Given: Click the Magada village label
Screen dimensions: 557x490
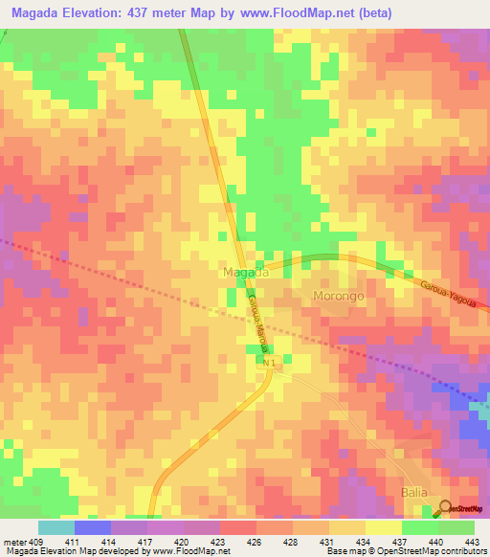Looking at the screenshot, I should (x=245, y=273).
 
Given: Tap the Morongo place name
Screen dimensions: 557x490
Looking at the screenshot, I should (x=338, y=297).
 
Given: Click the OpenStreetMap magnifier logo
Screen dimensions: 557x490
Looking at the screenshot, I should (x=446, y=507).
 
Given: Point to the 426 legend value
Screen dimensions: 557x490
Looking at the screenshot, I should (x=256, y=542).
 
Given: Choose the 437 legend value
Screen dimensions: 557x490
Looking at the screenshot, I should (x=401, y=542).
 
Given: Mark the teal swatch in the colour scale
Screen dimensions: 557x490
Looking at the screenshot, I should (x=56, y=527).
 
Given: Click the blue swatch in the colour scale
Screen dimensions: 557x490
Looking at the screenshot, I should (x=92, y=527).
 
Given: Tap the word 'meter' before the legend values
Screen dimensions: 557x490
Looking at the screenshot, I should (x=13, y=542).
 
